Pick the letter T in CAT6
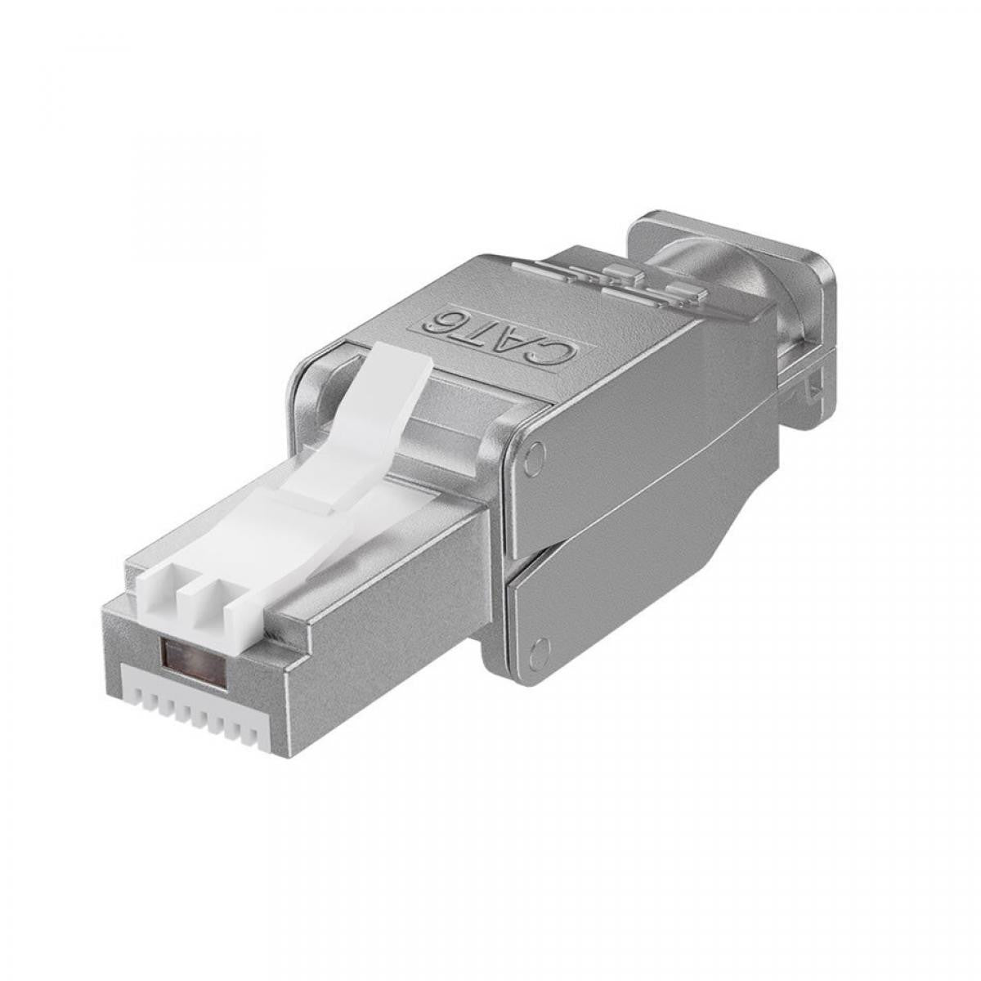481,328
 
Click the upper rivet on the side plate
534,457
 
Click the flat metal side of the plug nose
376,621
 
